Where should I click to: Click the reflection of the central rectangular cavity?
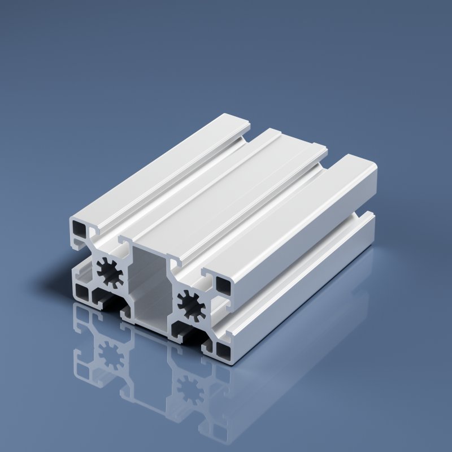148,373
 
